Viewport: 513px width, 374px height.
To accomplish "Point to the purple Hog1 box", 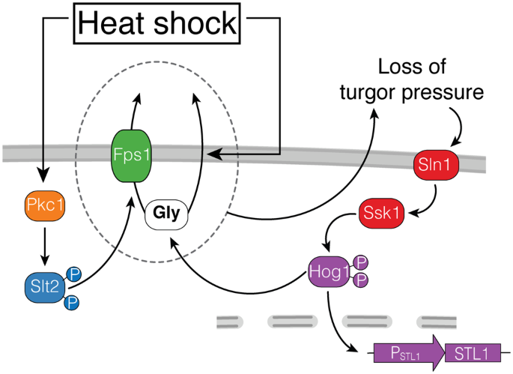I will pyautogui.click(x=330, y=270).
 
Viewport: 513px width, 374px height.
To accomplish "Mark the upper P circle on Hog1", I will pyautogui.click(x=360, y=262).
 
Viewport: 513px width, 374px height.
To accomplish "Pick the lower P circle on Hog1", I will pyautogui.click(x=360, y=280).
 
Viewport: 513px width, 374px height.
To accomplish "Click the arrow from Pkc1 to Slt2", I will pyautogui.click(x=46, y=244).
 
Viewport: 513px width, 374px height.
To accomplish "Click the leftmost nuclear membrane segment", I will pyautogui.click(x=231, y=322).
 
